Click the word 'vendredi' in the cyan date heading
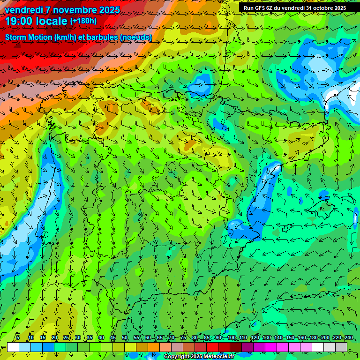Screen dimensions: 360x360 [24, 10]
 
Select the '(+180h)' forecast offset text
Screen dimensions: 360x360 [83, 21]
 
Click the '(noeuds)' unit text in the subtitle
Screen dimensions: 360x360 [136, 37]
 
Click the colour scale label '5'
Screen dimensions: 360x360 [18, 337]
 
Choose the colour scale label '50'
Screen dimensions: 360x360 [124, 337]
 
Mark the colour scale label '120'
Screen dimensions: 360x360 [255, 337]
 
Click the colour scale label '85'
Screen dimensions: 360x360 [206, 337]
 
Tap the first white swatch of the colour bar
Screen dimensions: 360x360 [13, 347]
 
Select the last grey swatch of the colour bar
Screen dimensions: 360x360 [342, 347]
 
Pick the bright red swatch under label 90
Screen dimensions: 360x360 [212, 347]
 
